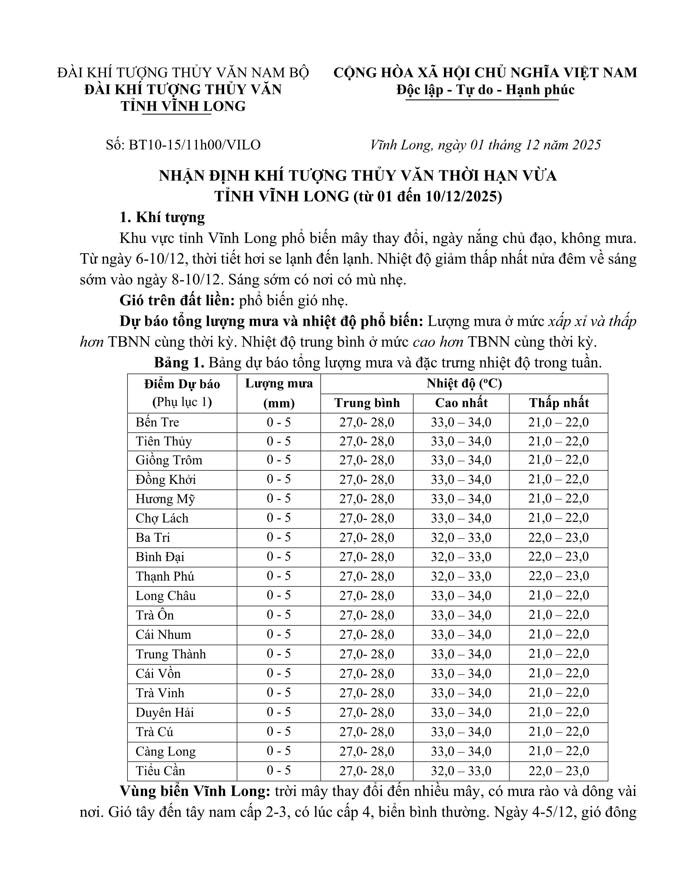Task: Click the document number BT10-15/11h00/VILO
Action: tap(195, 145)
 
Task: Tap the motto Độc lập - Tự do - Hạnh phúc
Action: tap(485, 89)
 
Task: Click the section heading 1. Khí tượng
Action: tap(162, 217)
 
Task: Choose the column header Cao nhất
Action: tap(461, 403)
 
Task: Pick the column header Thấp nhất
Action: tap(558, 403)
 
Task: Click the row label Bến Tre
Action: tap(158, 422)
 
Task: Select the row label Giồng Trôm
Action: tap(169, 460)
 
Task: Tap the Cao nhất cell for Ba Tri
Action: tap(461, 538)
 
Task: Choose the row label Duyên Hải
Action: tap(165, 712)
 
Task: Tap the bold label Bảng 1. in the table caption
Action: tap(179, 363)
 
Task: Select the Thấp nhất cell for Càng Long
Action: tap(558, 751)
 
